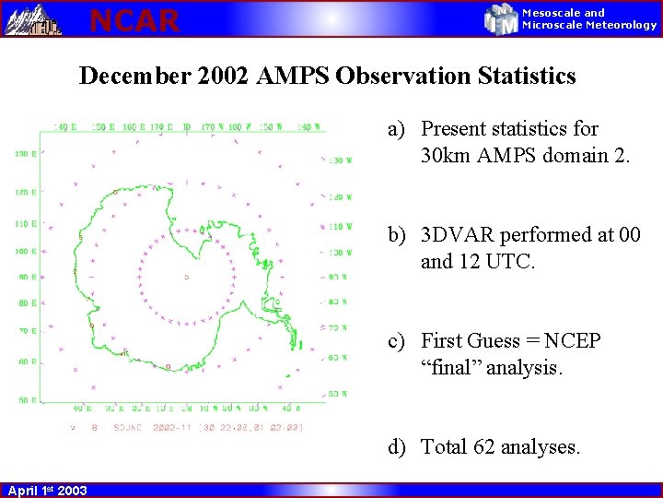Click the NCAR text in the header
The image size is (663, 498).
(134, 19)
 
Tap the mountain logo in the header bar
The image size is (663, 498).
(33, 19)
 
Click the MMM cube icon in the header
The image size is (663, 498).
(502, 19)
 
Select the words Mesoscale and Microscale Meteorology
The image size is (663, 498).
(589, 19)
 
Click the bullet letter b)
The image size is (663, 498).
(397, 235)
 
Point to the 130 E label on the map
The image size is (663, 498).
(25, 154)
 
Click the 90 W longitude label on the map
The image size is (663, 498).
(338, 277)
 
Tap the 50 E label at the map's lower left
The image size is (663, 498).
(25, 401)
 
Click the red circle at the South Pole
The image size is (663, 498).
(187, 277)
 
